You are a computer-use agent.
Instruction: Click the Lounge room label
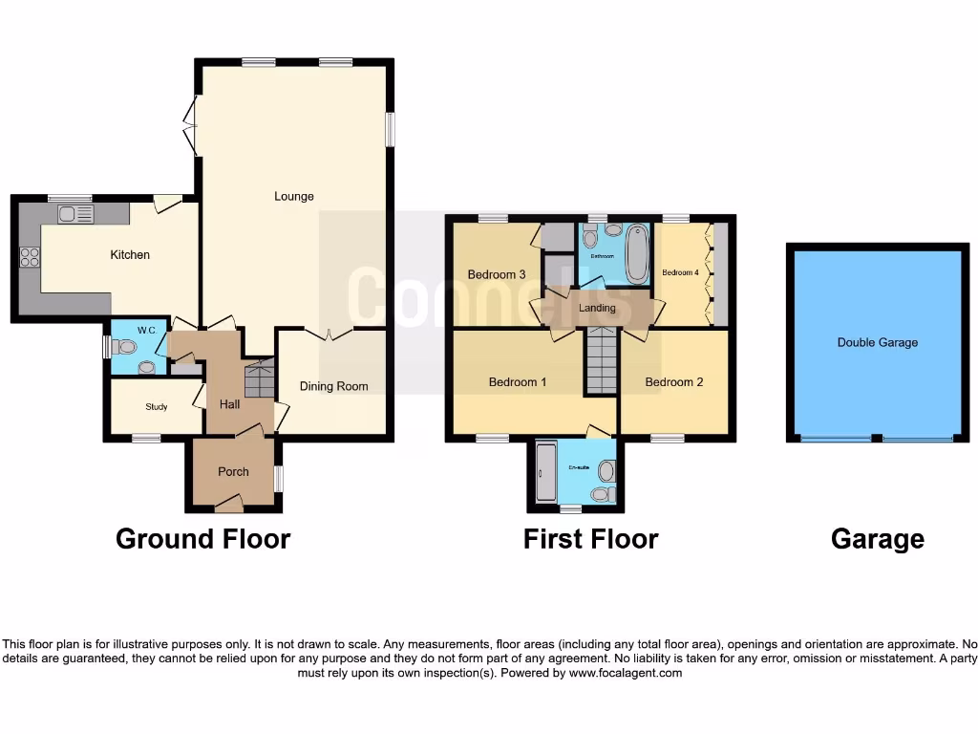click(x=294, y=197)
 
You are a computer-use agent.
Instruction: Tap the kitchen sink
click(x=74, y=214)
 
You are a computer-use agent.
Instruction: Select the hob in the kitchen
click(x=30, y=256)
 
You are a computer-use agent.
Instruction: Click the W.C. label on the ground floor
click(x=146, y=331)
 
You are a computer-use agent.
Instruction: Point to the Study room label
click(x=157, y=407)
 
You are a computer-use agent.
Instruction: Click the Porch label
click(x=233, y=471)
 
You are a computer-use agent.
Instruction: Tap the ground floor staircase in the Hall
click(x=260, y=379)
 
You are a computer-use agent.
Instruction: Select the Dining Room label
click(x=333, y=386)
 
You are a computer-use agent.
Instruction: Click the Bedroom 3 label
click(x=497, y=275)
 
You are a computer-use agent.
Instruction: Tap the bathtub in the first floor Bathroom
click(x=637, y=254)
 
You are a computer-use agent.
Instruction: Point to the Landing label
click(x=597, y=308)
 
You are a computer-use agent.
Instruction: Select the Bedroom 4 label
click(x=681, y=272)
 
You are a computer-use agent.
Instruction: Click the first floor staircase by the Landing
click(x=601, y=361)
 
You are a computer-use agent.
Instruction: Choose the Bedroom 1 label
click(x=518, y=382)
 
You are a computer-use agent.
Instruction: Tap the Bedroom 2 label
click(x=674, y=382)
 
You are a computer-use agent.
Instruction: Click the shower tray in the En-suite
click(x=546, y=473)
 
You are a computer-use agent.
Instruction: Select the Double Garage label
click(x=877, y=342)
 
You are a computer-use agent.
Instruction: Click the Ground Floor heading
click(x=202, y=539)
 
